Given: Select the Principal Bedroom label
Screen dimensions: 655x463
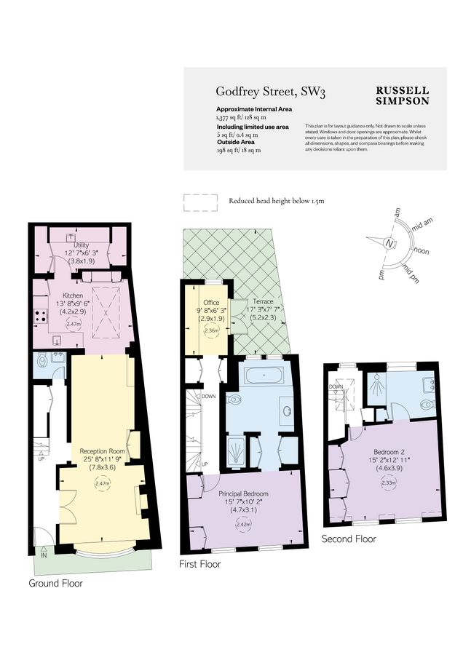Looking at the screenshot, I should [242, 494].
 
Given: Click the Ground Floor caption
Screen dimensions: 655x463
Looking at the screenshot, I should [55, 583].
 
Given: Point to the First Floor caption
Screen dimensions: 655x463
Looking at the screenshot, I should [199, 564].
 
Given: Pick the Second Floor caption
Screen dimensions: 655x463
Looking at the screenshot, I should [349, 539].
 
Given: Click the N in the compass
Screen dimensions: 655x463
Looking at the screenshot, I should [390, 243].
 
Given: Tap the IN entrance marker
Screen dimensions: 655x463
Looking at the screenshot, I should [44, 555].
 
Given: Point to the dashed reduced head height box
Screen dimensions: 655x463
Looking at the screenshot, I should [201, 202].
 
